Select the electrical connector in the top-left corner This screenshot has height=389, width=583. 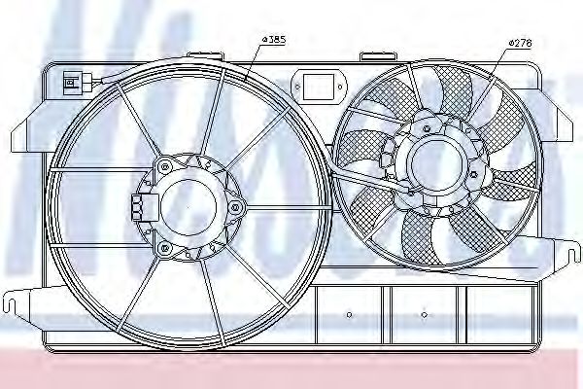72,80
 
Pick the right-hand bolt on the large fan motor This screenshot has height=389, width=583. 236,206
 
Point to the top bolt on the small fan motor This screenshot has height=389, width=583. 429,118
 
